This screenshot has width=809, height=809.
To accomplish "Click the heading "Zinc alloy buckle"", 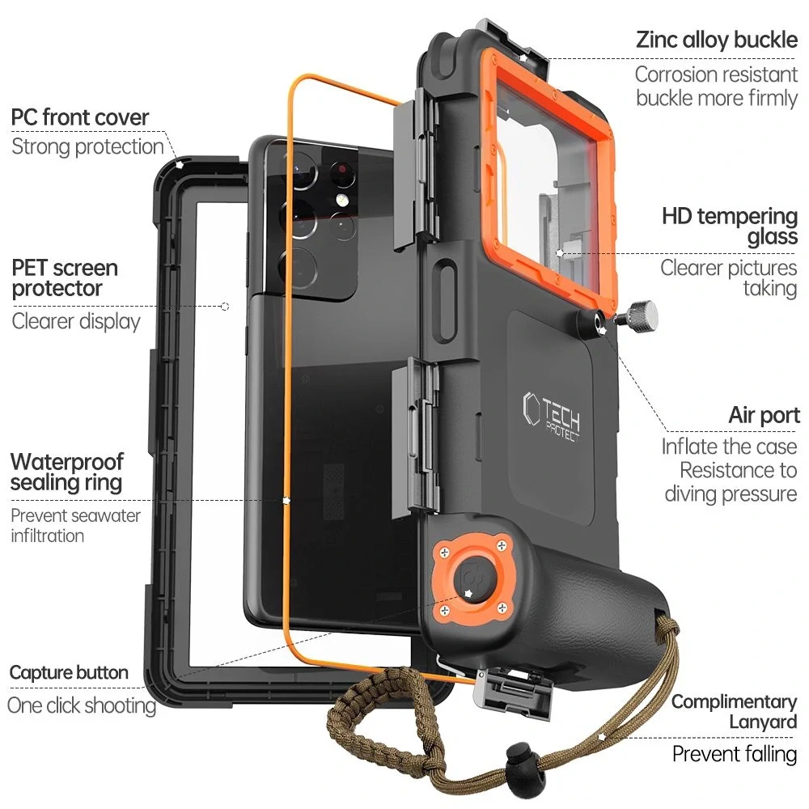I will (x=717, y=39).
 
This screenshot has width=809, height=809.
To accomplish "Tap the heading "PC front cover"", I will (x=80, y=117).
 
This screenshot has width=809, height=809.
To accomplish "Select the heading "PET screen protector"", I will (x=65, y=277).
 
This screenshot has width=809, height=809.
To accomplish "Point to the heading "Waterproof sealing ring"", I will (x=67, y=472).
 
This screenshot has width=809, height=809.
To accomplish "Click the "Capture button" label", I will (x=69, y=672).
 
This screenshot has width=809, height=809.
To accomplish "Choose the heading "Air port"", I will (x=764, y=416).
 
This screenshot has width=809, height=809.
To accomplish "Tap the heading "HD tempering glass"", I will (x=730, y=227).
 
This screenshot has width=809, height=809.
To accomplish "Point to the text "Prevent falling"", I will (x=735, y=754).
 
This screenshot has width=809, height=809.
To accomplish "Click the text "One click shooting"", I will (x=81, y=705).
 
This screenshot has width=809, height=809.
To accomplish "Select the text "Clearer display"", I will (x=76, y=321).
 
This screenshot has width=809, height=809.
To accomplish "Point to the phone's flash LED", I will (x=342, y=200).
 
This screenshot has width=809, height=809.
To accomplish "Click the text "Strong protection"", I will (x=87, y=146).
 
